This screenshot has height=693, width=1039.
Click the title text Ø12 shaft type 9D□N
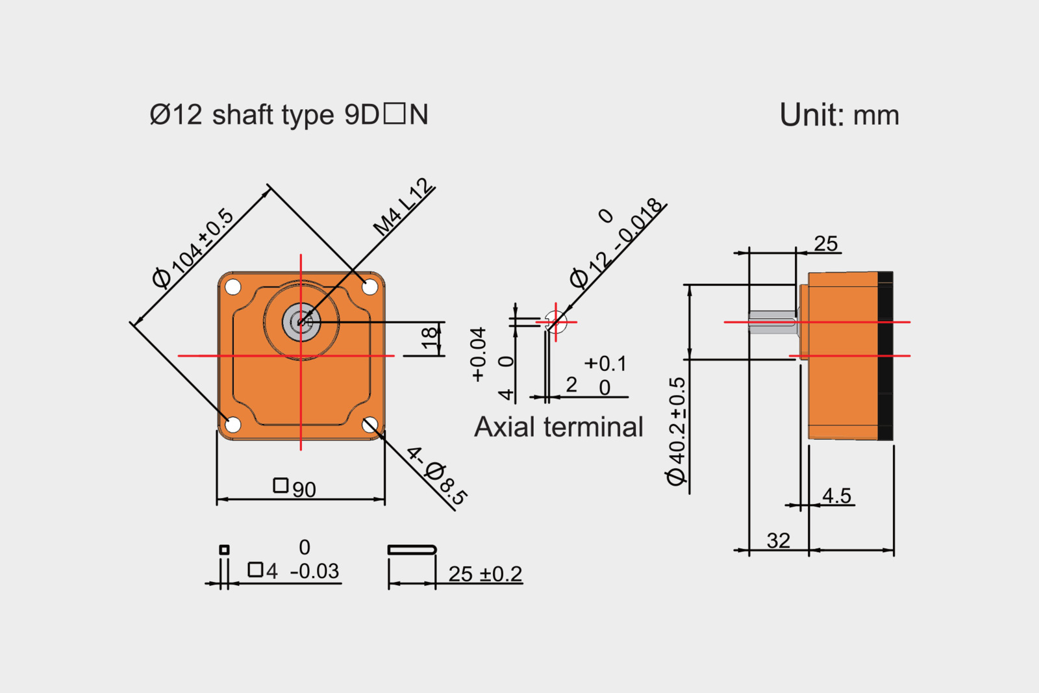pyautogui.click(x=289, y=115)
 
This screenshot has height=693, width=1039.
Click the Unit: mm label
pyautogui.click(x=839, y=115)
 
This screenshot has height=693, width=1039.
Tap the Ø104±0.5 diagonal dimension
pyautogui.click(x=193, y=248)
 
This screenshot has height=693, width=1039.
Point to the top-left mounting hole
pyautogui.click(x=233, y=286)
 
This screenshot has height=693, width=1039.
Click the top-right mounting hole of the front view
pyautogui.click(x=369, y=286)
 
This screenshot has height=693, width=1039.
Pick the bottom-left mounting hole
pyautogui.click(x=233, y=425)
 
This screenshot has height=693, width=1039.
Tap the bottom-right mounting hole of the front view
pyautogui.click(x=369, y=425)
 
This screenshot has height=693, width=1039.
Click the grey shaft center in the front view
pyautogui.click(x=301, y=321)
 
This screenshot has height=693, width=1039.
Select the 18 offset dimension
pyautogui.click(x=429, y=338)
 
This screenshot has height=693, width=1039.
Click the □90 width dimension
pyautogui.click(x=295, y=487)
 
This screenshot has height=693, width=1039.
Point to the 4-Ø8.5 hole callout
pyautogui.click(x=436, y=476)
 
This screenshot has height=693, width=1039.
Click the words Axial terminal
pyautogui.click(x=558, y=427)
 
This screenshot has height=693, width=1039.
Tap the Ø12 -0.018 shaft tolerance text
pyautogui.click(x=617, y=244)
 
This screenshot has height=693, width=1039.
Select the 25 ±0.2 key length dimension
pyautogui.click(x=484, y=574)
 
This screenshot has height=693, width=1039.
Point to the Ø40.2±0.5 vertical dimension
pyautogui.click(x=677, y=431)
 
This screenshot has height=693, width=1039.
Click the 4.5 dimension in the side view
pyautogui.click(x=836, y=496)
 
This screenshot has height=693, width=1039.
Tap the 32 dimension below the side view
pyautogui.click(x=779, y=540)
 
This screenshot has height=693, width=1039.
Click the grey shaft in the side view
pyautogui.click(x=773, y=322)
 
